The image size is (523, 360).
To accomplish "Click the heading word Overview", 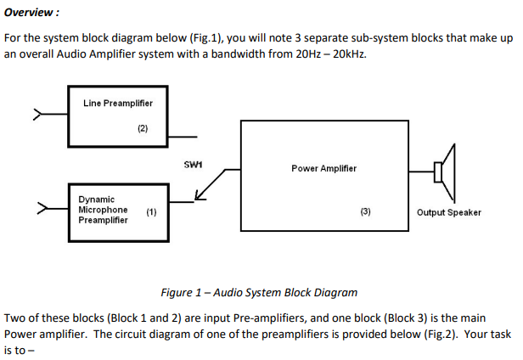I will click(31, 13).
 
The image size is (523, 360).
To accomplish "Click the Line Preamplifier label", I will click(118, 104).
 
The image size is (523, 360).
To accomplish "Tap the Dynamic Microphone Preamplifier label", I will click(103, 210).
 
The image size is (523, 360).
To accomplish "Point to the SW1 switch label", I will click(193, 162).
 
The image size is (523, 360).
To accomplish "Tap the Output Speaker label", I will click(448, 212).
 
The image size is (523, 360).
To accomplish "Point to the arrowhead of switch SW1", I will click(200, 198).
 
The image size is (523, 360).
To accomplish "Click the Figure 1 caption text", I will click(259, 292).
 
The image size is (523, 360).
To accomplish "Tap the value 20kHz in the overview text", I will click(351, 54).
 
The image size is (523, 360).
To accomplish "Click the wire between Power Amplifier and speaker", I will click(422, 172).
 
